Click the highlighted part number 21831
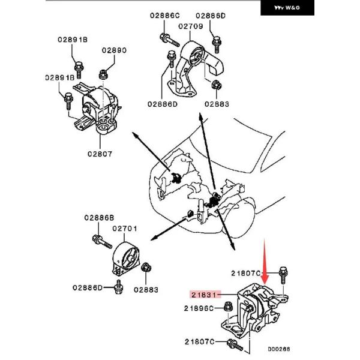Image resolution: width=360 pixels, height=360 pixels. (x=205, y=295)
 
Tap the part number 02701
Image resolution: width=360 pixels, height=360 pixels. (x=126, y=228)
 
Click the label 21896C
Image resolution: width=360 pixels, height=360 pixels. (x=199, y=308)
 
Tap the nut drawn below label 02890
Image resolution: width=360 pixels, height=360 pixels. (x=103, y=74)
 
